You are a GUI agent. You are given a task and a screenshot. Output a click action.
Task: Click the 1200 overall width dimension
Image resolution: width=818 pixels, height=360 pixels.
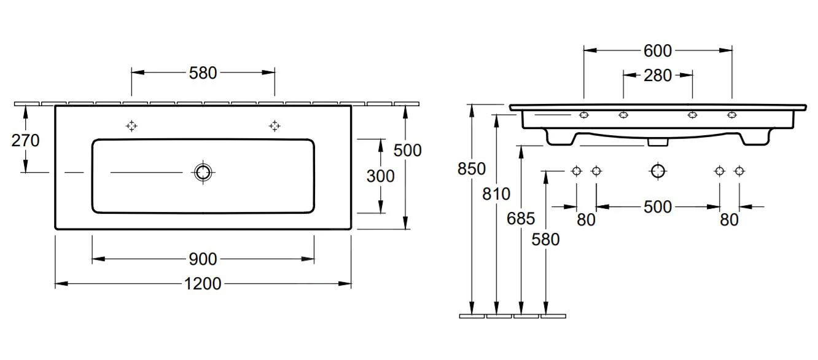[203, 283]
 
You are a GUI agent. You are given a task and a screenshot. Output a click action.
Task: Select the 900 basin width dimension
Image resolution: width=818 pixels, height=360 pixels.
[203, 259]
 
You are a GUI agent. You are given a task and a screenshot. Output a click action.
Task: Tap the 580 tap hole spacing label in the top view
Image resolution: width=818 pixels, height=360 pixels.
[203, 72]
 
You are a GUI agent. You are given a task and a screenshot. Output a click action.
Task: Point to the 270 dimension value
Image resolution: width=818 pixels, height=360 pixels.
[25, 141]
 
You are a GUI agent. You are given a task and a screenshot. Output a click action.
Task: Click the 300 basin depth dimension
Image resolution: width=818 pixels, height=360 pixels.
[380, 176]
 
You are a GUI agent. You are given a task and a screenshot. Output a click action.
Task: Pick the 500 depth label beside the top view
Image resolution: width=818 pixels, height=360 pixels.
[407, 149]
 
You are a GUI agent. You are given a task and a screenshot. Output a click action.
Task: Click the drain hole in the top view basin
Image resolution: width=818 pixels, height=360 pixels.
[203, 173]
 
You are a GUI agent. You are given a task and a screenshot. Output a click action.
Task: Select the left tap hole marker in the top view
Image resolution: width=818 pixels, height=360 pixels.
[131, 126]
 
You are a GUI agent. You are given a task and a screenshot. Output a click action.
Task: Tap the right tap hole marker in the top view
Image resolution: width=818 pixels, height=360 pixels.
[275, 126]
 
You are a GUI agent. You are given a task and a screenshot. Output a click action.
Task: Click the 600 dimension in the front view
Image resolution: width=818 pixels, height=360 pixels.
[657, 50]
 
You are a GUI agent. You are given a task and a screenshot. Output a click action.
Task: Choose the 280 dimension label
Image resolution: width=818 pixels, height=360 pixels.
[658, 76]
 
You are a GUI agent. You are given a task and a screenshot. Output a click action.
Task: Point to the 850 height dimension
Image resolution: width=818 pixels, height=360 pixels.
[471, 168]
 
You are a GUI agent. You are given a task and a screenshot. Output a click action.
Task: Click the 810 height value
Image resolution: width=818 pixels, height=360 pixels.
[496, 194]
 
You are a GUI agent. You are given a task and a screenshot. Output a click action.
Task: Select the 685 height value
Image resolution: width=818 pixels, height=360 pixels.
[521, 218]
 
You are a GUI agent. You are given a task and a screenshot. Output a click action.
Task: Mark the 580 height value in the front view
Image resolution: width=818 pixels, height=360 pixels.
[545, 239]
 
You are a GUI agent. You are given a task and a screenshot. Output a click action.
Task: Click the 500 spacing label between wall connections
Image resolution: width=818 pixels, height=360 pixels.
[657, 207]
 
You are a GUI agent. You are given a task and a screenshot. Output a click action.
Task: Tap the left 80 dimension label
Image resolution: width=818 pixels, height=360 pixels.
[586, 219]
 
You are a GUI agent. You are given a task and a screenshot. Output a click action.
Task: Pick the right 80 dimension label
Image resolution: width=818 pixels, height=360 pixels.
[729, 219]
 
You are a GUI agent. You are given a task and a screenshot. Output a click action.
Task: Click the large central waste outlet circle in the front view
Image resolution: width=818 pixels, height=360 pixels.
[658, 171]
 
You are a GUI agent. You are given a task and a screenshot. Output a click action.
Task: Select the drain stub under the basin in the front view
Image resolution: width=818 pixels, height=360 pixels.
[658, 142]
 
